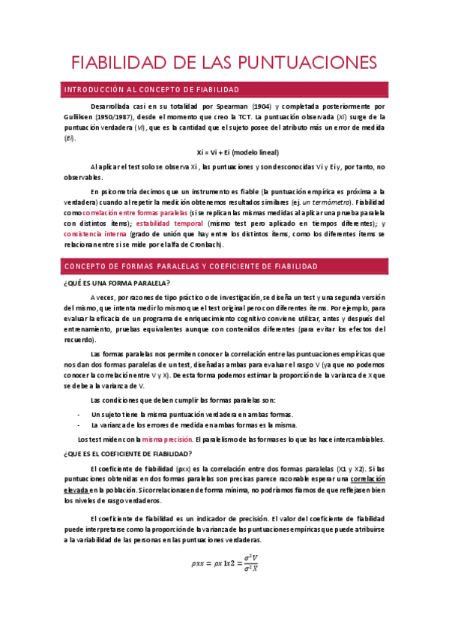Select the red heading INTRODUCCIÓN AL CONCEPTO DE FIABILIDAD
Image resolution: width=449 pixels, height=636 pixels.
click(152, 90)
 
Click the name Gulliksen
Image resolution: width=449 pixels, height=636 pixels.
click(80, 118)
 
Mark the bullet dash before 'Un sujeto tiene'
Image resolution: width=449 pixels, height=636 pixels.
click(79, 415)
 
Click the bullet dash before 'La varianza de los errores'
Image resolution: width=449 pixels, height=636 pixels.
click(79, 425)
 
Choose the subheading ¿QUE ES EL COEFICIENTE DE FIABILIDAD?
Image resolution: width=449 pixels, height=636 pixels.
click(128, 454)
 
